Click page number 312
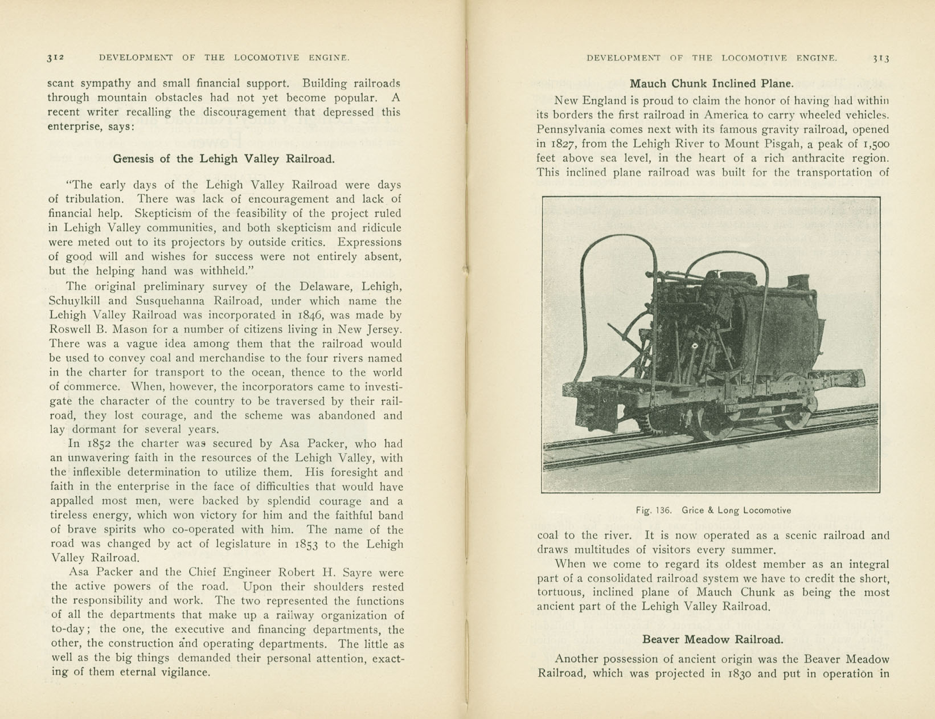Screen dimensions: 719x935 [x=56, y=58]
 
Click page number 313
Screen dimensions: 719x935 [x=880, y=58]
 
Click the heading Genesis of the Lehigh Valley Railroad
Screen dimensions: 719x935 [x=224, y=159]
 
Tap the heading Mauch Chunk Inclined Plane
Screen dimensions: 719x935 [x=711, y=84]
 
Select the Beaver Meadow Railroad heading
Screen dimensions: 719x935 [x=712, y=640]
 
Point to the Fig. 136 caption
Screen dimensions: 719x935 [x=713, y=510]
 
